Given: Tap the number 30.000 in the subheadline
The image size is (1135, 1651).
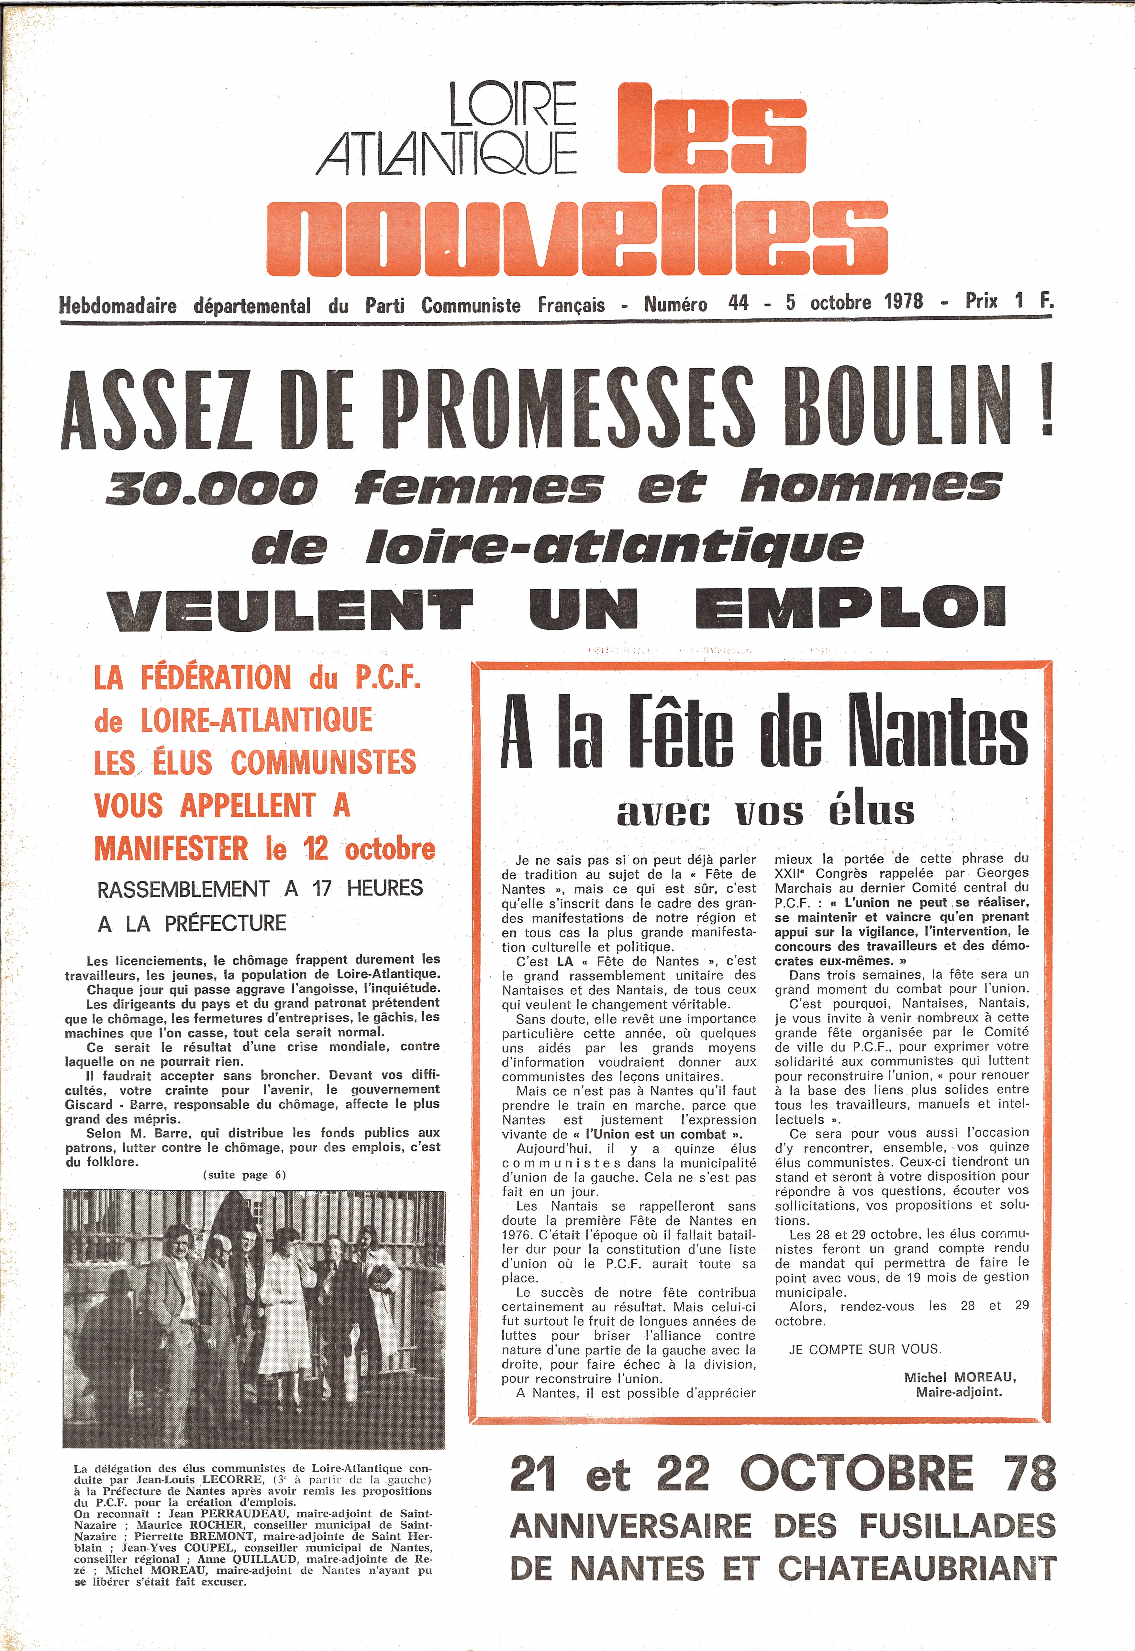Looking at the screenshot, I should [211, 489].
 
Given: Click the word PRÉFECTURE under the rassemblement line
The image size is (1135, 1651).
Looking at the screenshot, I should [225, 924].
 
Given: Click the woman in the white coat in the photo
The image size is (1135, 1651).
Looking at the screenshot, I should [285, 1293].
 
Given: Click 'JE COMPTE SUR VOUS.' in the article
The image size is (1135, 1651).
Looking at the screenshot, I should [865, 1349].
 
